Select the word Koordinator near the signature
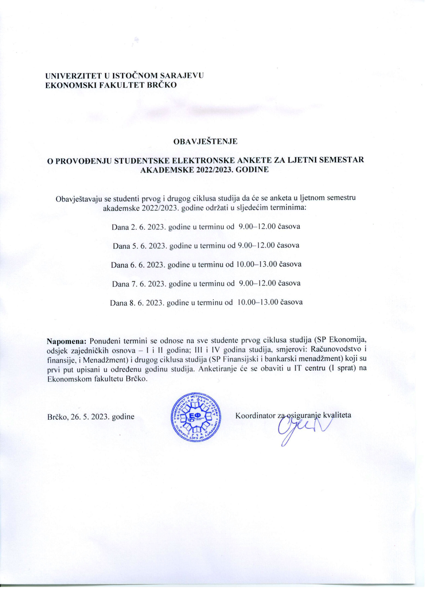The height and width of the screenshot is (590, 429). (255, 415)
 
